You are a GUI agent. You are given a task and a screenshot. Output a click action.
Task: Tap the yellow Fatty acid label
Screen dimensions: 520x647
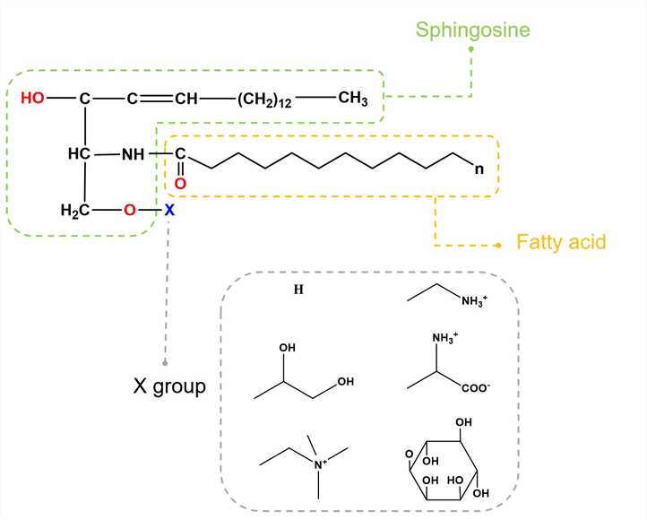[562, 242]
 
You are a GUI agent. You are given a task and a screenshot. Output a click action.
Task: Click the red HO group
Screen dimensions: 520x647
[32, 99]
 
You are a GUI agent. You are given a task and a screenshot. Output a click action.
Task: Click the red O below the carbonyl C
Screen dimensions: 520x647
[179, 183]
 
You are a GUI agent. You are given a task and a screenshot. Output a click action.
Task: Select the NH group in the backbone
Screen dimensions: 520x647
[134, 154]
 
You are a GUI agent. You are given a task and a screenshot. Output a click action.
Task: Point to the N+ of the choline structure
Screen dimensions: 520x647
[320, 464]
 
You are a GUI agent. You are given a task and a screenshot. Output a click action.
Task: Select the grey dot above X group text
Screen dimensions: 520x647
[165, 362]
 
